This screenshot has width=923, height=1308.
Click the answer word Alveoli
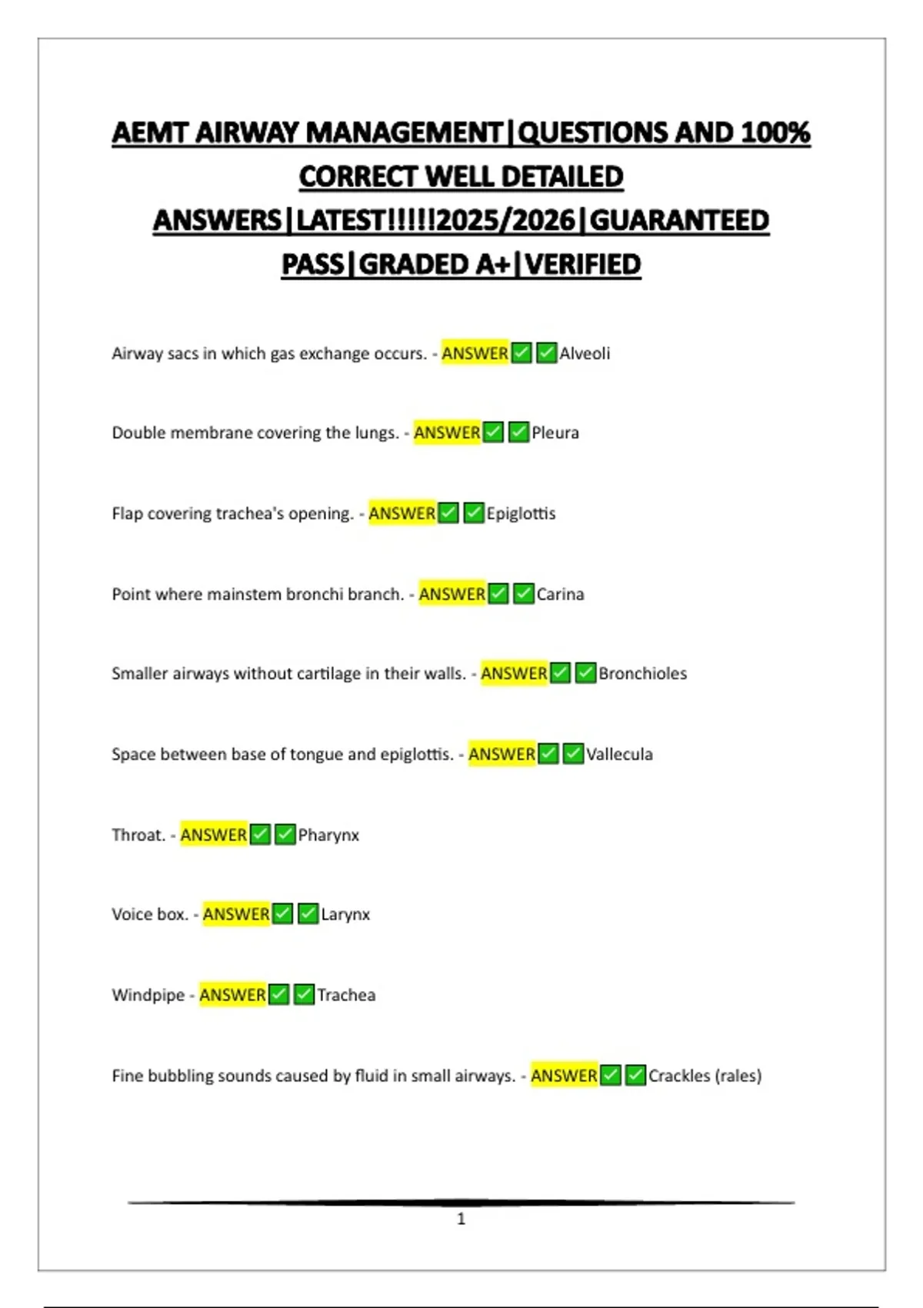(x=585, y=353)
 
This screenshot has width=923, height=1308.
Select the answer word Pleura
(x=555, y=432)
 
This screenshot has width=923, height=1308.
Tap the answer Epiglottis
(x=521, y=513)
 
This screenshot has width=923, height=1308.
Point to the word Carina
(x=560, y=594)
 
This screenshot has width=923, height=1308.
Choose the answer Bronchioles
(x=642, y=673)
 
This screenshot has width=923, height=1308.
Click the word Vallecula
(x=619, y=754)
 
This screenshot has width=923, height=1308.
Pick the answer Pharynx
(x=328, y=835)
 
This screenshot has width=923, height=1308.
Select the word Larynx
(x=345, y=914)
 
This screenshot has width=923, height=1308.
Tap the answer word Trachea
(x=346, y=995)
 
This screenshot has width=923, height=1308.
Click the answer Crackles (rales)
(x=705, y=1076)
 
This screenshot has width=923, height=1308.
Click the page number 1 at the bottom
(x=461, y=1219)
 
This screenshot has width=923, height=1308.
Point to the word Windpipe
(x=148, y=995)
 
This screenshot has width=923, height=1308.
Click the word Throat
(x=138, y=835)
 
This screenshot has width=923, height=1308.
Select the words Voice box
(x=150, y=914)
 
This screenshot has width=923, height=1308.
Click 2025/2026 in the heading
(x=505, y=221)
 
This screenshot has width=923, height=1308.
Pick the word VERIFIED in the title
(x=583, y=265)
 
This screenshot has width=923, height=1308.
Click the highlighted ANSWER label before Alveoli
(x=475, y=353)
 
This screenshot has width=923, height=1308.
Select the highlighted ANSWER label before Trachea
(x=232, y=995)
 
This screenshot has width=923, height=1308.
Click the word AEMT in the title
(x=150, y=132)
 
